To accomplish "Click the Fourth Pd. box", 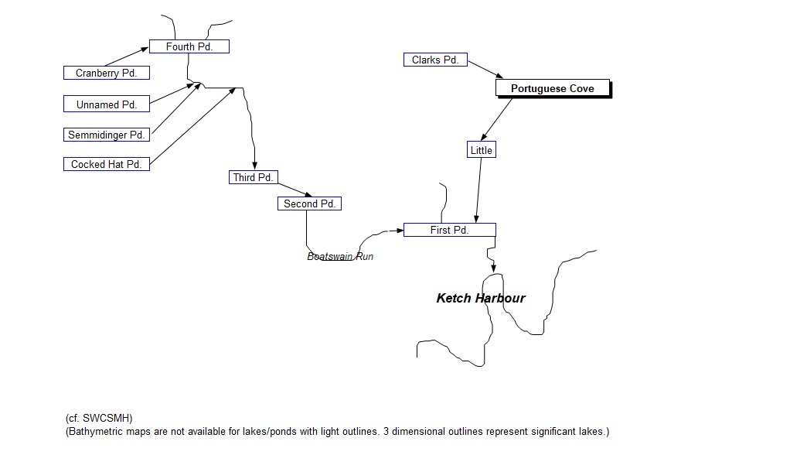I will (x=189, y=46).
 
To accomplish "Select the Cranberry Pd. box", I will (x=106, y=73).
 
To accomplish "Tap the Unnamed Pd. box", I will (x=106, y=104).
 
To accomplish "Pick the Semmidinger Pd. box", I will (x=106, y=135).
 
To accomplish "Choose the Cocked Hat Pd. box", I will (x=106, y=164).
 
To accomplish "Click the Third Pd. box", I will (x=254, y=177).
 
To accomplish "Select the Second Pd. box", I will (x=309, y=204).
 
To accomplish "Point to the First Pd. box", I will (x=449, y=230).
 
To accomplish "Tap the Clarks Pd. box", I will (x=435, y=60).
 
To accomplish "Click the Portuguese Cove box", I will (x=552, y=88).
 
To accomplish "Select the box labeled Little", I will (x=481, y=150).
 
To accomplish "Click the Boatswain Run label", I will (x=340, y=256).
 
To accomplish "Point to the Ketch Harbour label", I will (x=481, y=298).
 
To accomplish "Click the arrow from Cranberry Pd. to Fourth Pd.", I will (x=126, y=56).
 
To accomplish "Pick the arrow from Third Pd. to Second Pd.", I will (x=295, y=190).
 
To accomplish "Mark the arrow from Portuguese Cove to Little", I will (x=497, y=119).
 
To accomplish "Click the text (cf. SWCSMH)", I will (x=99, y=419).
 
